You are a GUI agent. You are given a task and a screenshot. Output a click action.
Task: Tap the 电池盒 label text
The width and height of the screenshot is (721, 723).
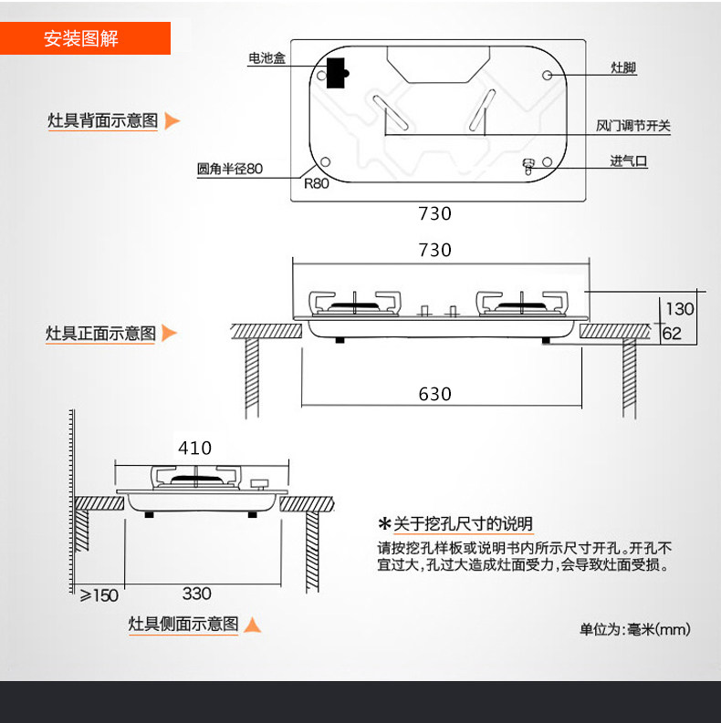click(x=267, y=58)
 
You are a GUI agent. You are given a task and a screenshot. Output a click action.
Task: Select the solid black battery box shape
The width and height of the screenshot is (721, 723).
click(x=336, y=74)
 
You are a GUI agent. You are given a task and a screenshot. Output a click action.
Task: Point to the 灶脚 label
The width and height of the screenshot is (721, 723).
click(x=623, y=68)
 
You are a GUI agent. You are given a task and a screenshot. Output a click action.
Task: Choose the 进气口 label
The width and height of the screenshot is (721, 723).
click(x=629, y=161)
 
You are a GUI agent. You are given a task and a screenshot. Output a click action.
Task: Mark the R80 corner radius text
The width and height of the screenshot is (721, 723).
click(x=316, y=182)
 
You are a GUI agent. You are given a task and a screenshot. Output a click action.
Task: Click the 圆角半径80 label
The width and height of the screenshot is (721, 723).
click(x=230, y=169)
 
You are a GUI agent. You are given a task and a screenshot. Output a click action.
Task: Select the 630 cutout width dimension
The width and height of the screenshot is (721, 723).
click(x=434, y=394)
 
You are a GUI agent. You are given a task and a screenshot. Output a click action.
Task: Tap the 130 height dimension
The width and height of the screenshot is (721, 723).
click(x=679, y=309)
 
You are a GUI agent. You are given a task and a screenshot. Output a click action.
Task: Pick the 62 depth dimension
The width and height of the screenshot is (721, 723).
click(x=672, y=334)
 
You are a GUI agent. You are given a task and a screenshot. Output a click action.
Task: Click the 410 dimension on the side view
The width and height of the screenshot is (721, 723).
click(x=194, y=448)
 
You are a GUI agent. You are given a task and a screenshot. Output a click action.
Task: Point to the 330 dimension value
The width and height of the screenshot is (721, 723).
click(x=196, y=594)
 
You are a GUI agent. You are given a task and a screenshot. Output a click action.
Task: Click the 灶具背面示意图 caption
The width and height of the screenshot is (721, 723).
click(x=103, y=120)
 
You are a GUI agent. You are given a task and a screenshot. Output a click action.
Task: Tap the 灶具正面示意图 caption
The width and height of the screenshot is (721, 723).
click(x=101, y=333)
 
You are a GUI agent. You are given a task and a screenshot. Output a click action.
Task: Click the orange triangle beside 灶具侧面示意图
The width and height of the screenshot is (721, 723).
click(x=253, y=625)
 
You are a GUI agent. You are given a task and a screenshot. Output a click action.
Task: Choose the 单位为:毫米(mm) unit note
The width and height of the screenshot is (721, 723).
click(x=634, y=629)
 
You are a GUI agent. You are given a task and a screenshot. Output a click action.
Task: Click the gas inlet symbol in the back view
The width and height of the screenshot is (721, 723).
click(x=528, y=165)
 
